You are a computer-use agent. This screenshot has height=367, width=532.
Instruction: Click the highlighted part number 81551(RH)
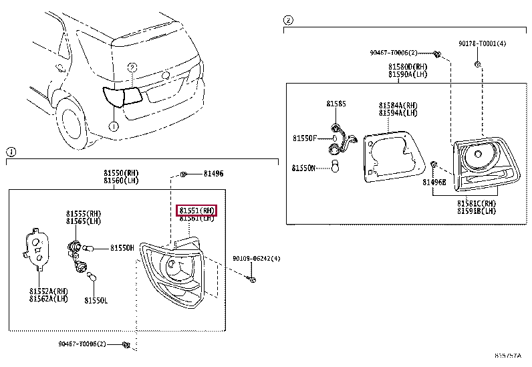point(197,211)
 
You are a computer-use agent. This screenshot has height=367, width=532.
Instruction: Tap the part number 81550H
point(122,248)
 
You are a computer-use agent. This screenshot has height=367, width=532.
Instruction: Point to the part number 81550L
point(96,301)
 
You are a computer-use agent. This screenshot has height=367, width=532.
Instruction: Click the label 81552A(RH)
point(49,291)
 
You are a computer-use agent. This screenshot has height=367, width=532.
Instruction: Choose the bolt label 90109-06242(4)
point(256,259)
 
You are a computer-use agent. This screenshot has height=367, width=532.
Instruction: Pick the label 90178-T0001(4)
point(482,43)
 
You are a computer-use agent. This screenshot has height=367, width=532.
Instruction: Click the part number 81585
point(336,104)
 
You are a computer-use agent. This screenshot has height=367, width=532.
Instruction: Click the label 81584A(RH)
point(398,106)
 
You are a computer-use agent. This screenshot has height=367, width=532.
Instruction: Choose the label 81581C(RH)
point(477,203)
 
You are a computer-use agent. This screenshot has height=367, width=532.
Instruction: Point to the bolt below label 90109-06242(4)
point(251,279)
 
